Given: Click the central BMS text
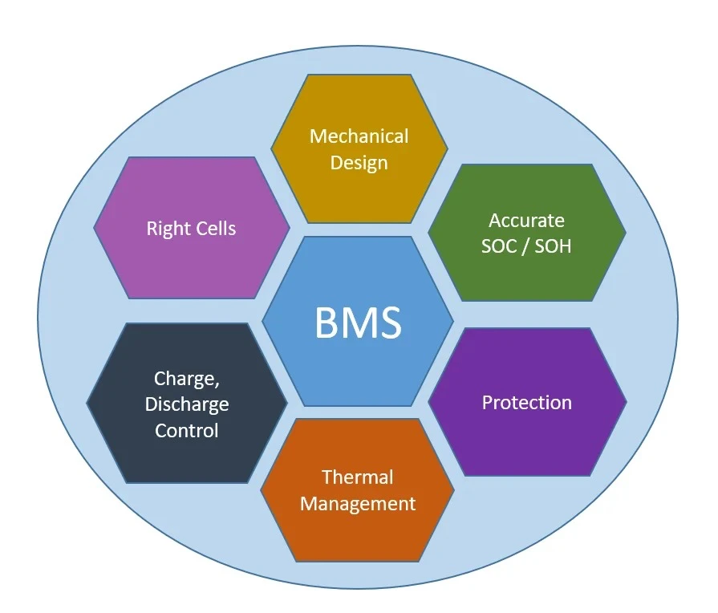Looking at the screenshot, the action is [x=358, y=323].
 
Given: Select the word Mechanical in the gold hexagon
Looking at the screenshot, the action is [x=359, y=136].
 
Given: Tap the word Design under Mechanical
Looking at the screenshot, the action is [x=359, y=164].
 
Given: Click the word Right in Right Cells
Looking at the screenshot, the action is [x=164, y=229].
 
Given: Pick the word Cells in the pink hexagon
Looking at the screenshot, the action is [x=212, y=228].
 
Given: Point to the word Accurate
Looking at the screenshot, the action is [x=526, y=221].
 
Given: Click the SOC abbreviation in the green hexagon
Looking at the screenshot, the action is [x=499, y=246].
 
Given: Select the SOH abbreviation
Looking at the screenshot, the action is [x=554, y=246].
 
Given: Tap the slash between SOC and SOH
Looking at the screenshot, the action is [x=525, y=246].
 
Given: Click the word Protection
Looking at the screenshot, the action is [x=526, y=403].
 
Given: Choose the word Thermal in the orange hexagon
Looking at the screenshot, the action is [x=358, y=477].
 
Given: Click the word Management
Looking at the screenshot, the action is [x=358, y=505].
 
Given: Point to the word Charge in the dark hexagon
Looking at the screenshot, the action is [x=184, y=380].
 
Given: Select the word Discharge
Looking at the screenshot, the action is [x=187, y=405].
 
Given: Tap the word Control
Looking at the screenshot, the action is [x=186, y=431].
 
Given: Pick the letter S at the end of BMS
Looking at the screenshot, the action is [x=390, y=323].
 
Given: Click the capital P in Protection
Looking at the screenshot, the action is [x=487, y=403].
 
